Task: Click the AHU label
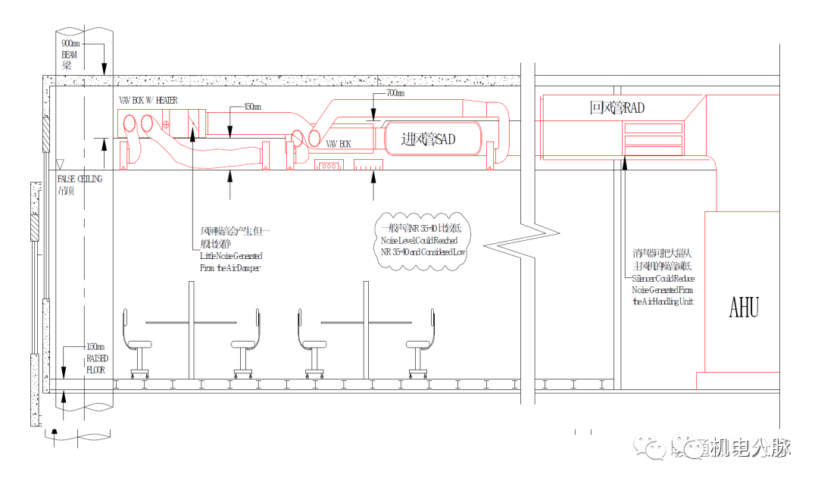pos(744,307)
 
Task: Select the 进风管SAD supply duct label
pos(429,139)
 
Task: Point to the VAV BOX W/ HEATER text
pos(148,99)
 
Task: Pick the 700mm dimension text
pos(394,93)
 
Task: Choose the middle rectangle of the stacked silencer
pos(653,140)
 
